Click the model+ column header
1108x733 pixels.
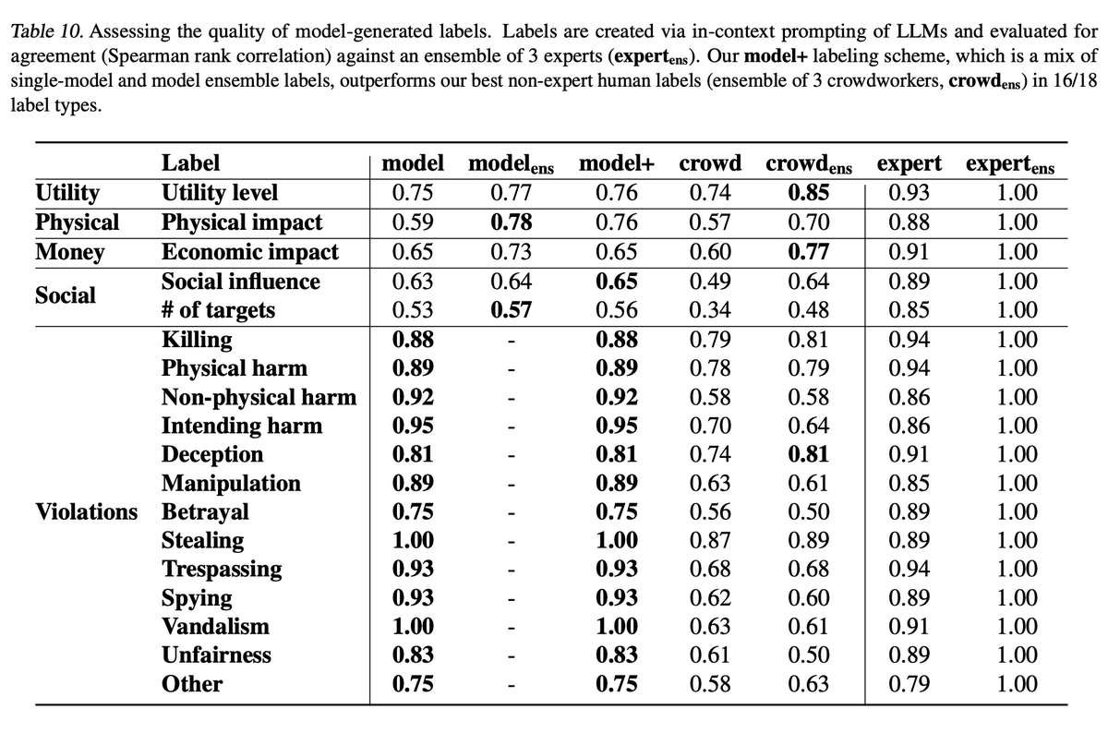tap(617, 164)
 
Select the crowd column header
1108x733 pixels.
tap(710, 164)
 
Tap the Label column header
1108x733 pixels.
tap(190, 164)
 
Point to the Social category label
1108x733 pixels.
tap(65, 295)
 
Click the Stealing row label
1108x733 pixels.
tap(203, 540)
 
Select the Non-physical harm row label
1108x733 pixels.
tap(259, 397)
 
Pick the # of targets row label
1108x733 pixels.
tap(218, 310)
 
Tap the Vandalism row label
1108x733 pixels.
tap(216, 627)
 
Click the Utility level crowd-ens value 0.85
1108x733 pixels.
tap(809, 194)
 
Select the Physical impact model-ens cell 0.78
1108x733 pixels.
tap(512, 222)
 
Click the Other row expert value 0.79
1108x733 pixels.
tap(909, 684)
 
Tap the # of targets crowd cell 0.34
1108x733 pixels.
tap(710, 310)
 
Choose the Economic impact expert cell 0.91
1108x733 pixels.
tap(909, 252)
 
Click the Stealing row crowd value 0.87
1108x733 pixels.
tap(710, 540)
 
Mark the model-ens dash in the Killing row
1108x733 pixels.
tap(512, 340)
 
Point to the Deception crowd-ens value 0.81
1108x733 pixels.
tap(809, 454)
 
